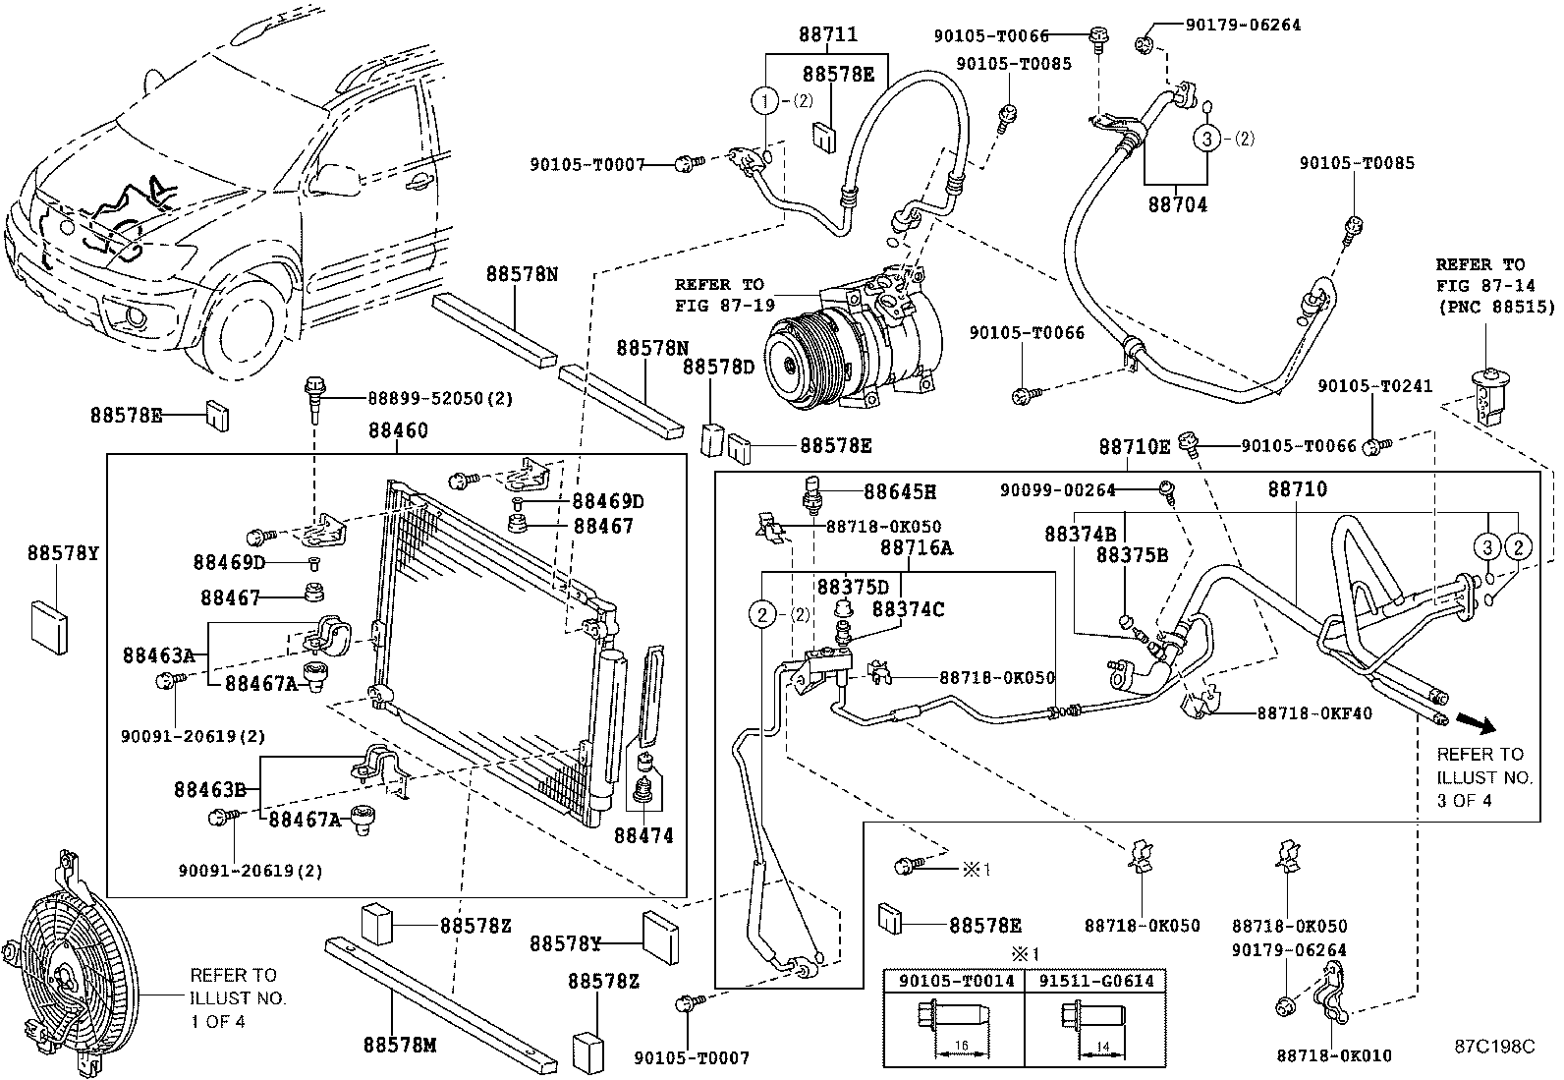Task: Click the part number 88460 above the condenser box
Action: coord(397,430)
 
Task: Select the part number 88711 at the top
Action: coord(827,34)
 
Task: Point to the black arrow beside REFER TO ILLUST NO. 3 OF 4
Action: coord(1476,723)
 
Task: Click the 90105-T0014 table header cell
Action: coord(954,981)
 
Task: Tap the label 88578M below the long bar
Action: coord(399,1045)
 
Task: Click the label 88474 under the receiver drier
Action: coord(643,836)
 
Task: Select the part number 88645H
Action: coord(900,490)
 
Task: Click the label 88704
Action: coord(1177,205)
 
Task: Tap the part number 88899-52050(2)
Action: coord(439,398)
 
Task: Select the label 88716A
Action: coord(916,548)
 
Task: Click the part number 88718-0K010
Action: coord(1334,1056)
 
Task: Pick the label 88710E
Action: coord(1134,447)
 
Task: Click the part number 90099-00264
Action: coord(1056,488)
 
